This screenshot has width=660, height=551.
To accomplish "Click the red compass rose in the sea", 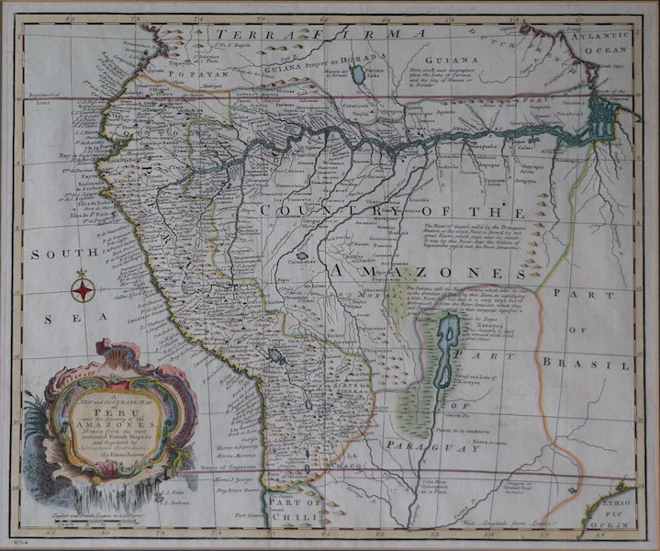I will click(x=83, y=290).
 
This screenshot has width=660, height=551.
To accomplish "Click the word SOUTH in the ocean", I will click(x=50, y=253).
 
